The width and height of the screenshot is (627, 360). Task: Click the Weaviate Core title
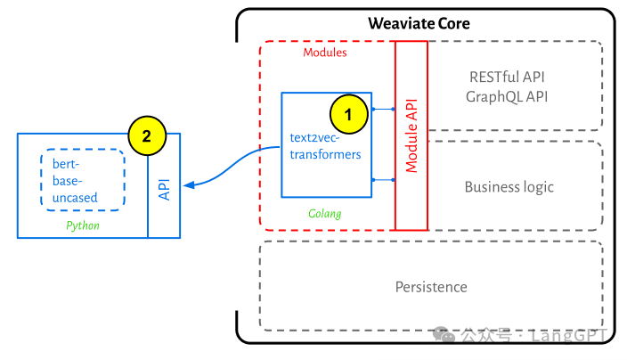point(419,23)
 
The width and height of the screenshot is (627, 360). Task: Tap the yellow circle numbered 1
point(348,113)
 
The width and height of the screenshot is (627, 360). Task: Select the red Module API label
point(411,135)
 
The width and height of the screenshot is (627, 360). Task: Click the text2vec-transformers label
point(326,146)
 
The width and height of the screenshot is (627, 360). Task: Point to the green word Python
point(83,225)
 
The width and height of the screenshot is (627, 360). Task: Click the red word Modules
point(325,53)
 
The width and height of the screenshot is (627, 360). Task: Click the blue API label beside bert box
point(164,185)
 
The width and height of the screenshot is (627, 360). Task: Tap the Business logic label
point(509,187)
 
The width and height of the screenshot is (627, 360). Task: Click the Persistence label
point(431,287)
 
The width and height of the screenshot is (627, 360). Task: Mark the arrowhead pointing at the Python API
point(187,184)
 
